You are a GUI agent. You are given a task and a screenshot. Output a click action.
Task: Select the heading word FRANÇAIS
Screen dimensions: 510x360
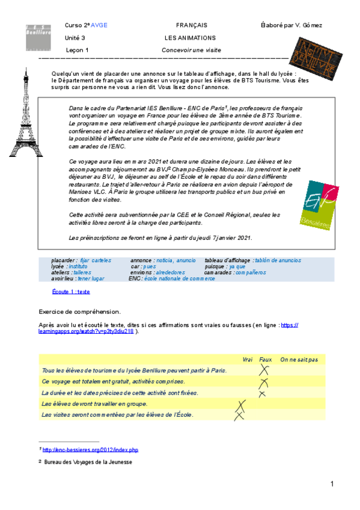pos(191,25)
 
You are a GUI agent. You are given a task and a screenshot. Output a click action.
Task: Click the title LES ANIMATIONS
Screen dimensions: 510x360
pos(191,38)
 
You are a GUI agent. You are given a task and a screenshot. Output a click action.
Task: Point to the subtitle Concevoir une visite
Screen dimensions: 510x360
pos(191,50)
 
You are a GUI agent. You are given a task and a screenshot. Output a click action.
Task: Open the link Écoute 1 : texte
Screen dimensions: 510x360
pos(71,291)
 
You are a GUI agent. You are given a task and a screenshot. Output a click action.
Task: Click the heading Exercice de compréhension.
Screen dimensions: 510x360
pos(79,312)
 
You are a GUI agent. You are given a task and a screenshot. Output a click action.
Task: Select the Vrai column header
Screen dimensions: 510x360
pos(248,360)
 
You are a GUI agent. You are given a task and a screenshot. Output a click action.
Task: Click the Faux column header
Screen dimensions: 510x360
pos(265,360)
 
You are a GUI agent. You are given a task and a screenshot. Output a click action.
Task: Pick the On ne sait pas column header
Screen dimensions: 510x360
pos(299,360)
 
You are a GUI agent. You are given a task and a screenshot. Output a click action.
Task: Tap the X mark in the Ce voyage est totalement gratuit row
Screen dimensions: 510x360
pos(263,382)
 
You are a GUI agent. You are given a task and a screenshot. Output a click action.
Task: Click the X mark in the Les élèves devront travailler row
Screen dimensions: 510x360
pos(242,405)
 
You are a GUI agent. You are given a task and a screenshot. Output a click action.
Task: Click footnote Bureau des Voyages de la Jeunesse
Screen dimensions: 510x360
pos(87,462)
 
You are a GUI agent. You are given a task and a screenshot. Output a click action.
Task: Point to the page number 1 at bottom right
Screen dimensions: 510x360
pos(331,484)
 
